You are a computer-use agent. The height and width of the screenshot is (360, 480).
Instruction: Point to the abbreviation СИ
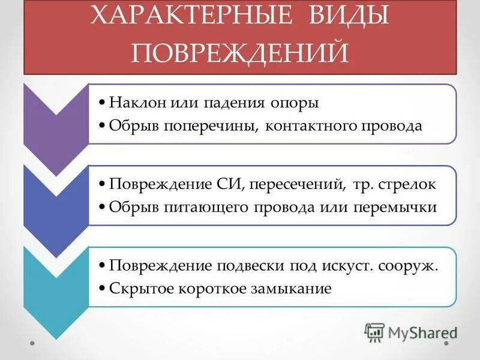coord(224,184)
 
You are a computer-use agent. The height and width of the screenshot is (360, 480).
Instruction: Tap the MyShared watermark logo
coord(411,332)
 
